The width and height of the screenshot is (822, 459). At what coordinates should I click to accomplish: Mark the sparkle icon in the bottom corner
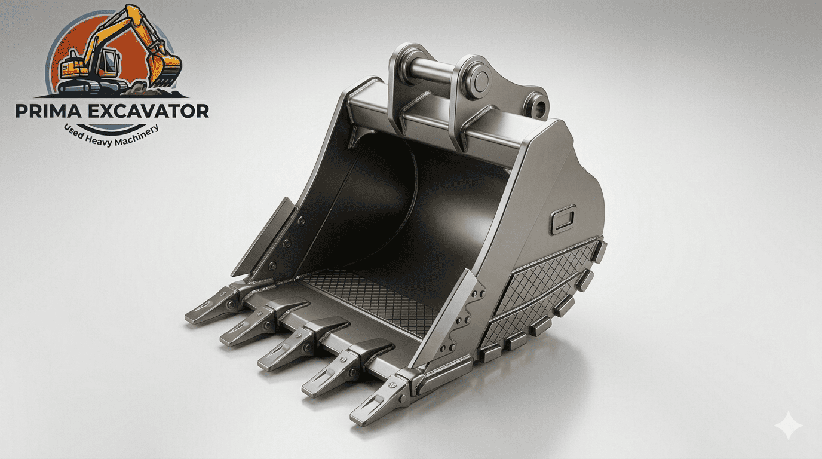click(x=789, y=426)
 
